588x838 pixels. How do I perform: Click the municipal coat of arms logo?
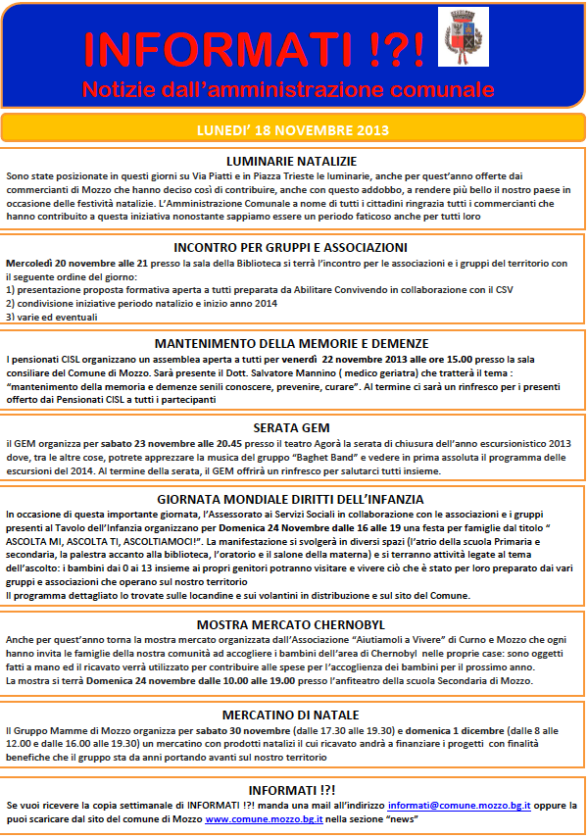click(463, 36)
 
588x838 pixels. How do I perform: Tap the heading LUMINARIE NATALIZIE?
click(291, 161)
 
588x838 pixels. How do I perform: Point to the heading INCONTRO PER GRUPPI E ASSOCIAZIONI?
click(290, 248)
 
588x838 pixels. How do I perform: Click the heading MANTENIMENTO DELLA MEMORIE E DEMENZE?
click(291, 343)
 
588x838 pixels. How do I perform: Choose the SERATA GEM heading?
click(291, 427)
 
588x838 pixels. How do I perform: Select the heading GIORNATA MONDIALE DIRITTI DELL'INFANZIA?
click(291, 498)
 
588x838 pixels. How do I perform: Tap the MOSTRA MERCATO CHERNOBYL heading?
click(291, 623)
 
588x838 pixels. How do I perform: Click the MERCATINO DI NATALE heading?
click(291, 715)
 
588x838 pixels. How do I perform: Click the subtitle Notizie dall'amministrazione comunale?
click(288, 90)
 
